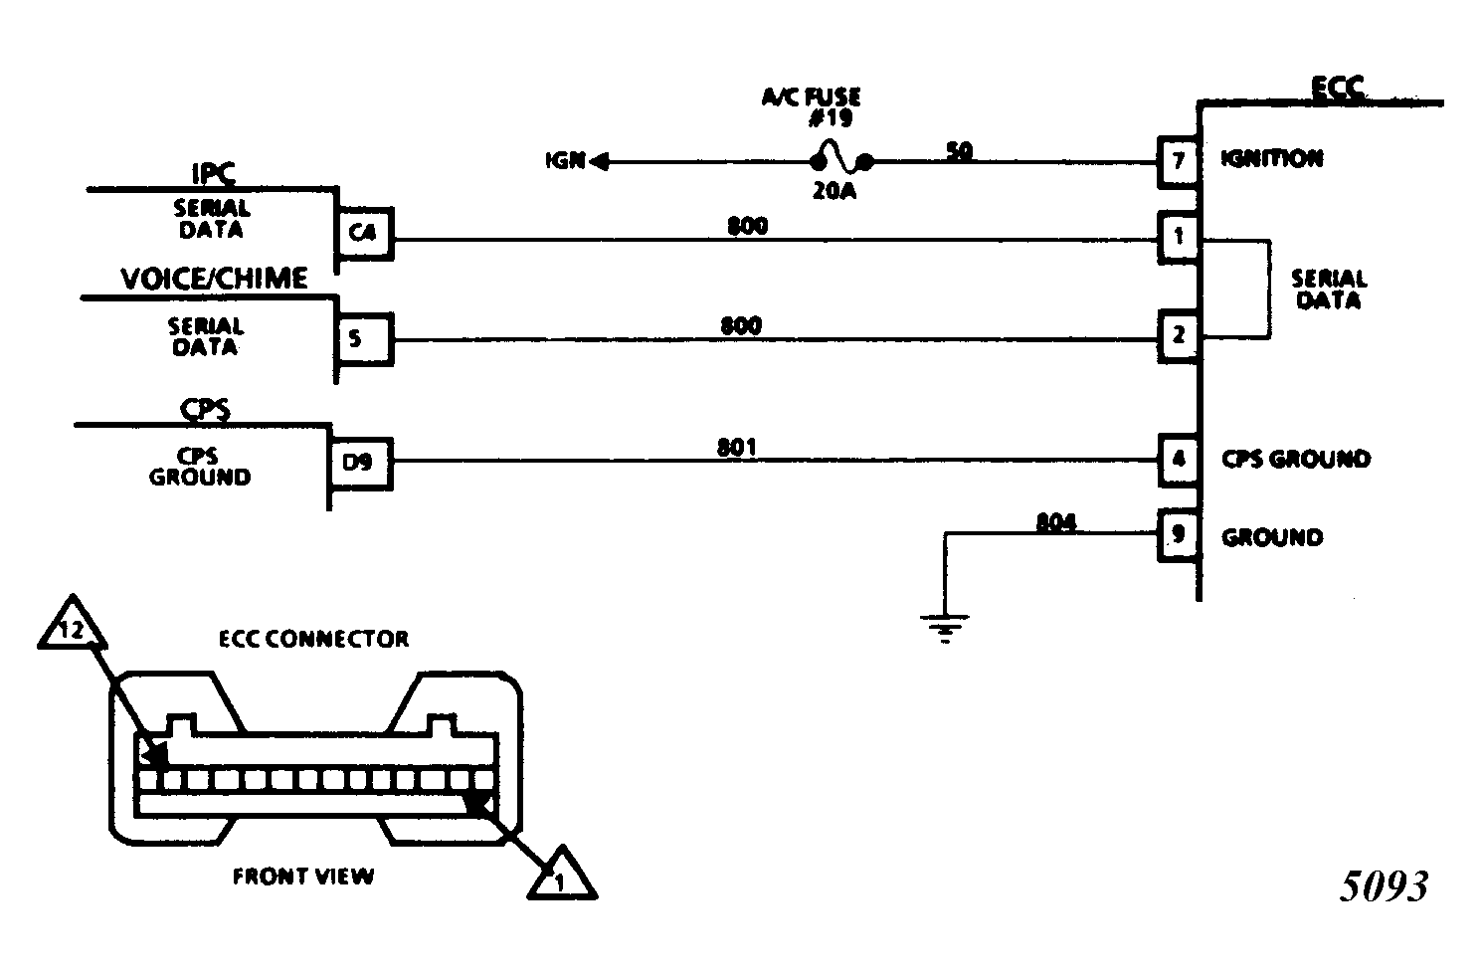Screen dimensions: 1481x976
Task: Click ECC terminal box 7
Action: (x=1179, y=161)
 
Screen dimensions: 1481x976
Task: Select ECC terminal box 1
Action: (x=1179, y=238)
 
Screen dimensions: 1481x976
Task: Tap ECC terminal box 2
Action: (x=1179, y=336)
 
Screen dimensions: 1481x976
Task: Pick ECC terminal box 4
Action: (x=1179, y=461)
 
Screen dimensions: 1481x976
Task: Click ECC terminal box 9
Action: (x=1179, y=535)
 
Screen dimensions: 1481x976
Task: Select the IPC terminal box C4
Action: (x=364, y=234)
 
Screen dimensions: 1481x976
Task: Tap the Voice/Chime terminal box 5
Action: (x=364, y=339)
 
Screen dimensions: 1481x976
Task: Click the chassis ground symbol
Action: (x=945, y=628)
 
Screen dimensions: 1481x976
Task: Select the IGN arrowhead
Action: (x=599, y=161)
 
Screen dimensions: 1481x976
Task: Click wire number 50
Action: (x=960, y=151)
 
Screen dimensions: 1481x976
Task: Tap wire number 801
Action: (x=737, y=448)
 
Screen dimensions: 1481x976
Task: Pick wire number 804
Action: (x=1056, y=522)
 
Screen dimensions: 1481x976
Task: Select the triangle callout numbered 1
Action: (x=562, y=875)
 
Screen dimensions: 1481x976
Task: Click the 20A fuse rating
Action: (x=833, y=191)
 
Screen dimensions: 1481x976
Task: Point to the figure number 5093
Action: (x=1384, y=886)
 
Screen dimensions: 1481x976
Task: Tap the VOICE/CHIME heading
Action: (x=214, y=279)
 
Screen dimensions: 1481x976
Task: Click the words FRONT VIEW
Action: (x=303, y=877)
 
